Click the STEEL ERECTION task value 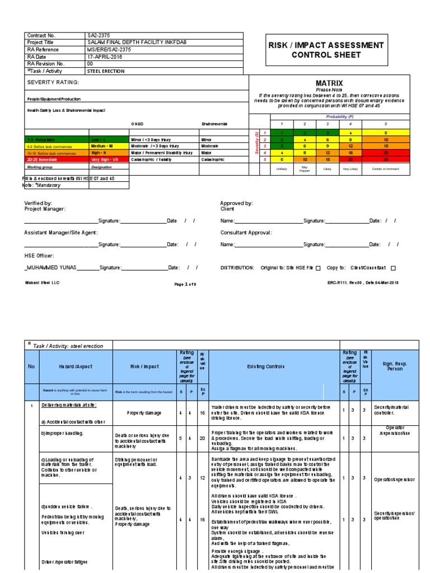coord(106,71)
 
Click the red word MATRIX coord(329,83)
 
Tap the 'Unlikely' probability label coord(282,168)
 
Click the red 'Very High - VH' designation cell coord(108,159)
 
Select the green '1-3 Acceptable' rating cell coord(56,138)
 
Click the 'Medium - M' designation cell coord(108,145)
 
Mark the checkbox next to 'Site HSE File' coord(318,269)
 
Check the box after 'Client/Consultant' coord(393,269)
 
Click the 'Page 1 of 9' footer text coord(185,284)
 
